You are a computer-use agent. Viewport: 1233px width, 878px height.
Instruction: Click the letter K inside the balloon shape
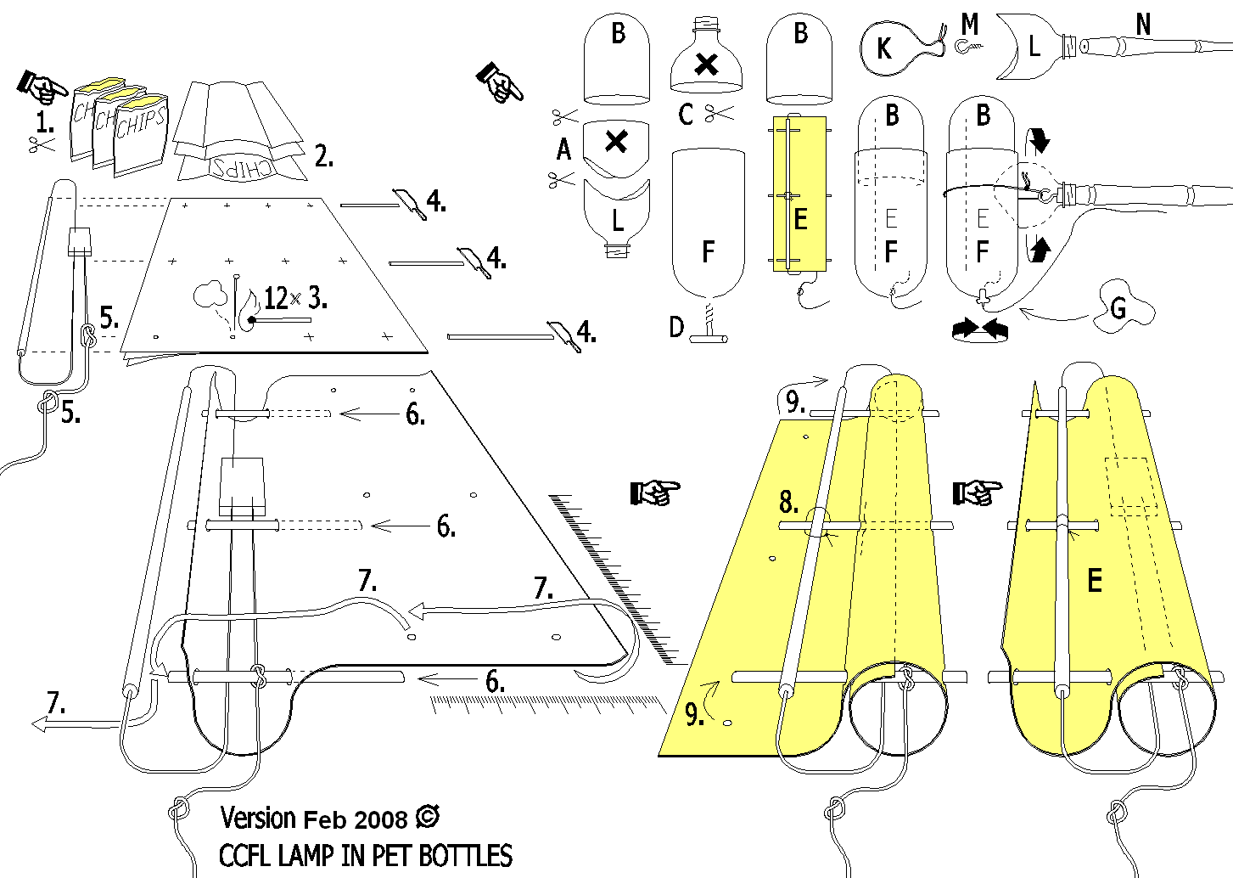883,48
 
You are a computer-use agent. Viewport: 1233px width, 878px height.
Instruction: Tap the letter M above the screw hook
970,25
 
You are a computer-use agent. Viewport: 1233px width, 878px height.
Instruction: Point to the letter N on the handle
1144,25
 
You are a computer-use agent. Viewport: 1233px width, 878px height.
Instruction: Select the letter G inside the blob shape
1119,307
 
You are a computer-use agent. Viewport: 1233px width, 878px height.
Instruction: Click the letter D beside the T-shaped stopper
675,327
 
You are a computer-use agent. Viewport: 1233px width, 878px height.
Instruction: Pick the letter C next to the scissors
687,114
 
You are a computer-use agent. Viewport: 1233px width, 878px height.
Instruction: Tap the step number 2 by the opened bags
323,155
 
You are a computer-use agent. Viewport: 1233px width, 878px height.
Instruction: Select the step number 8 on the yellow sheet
788,503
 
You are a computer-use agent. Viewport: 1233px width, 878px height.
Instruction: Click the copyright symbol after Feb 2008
429,817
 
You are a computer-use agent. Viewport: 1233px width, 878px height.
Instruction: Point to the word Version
258,818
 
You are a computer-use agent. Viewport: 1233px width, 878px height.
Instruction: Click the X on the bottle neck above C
706,65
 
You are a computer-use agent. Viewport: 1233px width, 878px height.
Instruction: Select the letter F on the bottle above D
709,251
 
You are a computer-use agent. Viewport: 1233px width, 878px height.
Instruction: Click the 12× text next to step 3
282,298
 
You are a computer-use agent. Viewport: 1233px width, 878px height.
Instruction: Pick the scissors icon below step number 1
40,145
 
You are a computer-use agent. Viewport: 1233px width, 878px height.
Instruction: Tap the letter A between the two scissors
564,150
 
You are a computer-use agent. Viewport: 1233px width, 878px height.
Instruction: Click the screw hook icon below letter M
968,48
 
